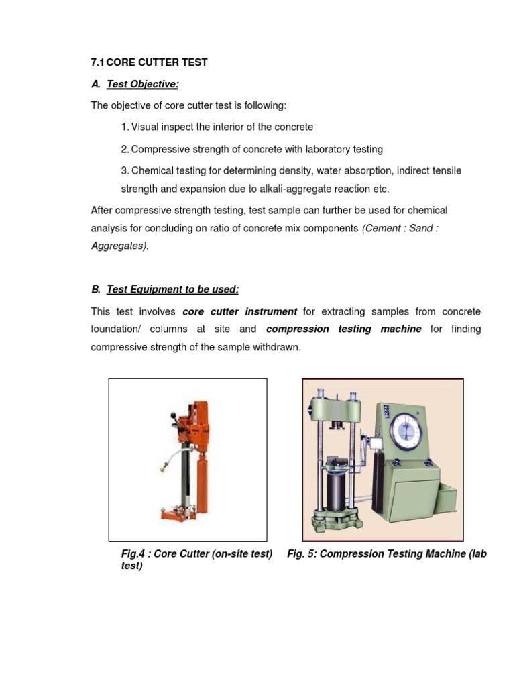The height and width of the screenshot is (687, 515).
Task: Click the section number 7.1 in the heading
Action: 97,62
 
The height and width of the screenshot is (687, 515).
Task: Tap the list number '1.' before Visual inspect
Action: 125,127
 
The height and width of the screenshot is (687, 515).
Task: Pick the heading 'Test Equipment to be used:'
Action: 172,289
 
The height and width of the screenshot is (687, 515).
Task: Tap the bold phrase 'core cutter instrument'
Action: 239,312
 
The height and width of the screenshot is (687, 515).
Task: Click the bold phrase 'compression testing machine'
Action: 343,329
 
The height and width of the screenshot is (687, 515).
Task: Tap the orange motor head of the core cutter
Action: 197,422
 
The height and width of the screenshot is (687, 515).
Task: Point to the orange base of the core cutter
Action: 178,519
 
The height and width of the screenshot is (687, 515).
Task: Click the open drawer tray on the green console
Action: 443,500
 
